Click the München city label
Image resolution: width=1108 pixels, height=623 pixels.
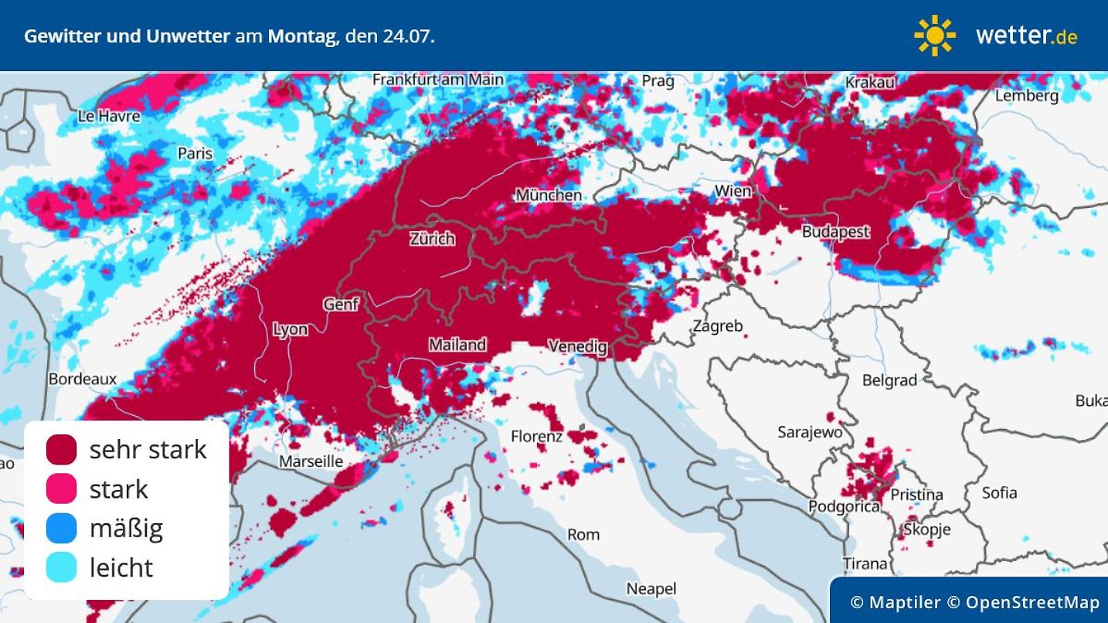549,195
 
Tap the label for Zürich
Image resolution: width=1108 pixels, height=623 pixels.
432,239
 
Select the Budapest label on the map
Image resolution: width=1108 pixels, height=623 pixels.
835,231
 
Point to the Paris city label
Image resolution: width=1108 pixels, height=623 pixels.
195,153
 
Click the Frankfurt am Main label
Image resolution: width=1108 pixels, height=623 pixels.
437,80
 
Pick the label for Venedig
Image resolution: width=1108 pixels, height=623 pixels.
577,346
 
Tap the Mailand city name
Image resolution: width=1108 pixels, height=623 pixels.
457,345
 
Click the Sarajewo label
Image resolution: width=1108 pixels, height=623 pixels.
810,432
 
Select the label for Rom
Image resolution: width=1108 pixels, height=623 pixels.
583,534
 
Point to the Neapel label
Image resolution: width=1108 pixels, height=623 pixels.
651,589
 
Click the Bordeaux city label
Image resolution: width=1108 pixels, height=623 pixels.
83,379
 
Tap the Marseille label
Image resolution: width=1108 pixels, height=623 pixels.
311,461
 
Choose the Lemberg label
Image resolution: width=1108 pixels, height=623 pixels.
1026,96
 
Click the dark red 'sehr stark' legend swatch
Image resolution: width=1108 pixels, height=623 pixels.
62,449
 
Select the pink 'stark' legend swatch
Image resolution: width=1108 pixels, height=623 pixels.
62,489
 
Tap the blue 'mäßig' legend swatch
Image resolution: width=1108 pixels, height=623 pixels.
62,528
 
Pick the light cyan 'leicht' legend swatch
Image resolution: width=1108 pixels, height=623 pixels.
62,567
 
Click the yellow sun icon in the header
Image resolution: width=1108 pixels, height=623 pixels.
935,36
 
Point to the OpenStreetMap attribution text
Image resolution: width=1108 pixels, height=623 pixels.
1032,602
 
